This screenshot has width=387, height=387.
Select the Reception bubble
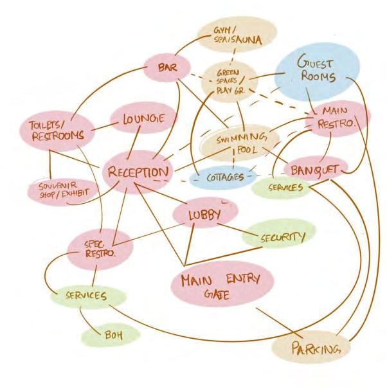tap(139, 172)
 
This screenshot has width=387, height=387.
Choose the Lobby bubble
tap(204, 214)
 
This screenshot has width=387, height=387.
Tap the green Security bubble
tap(280, 237)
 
